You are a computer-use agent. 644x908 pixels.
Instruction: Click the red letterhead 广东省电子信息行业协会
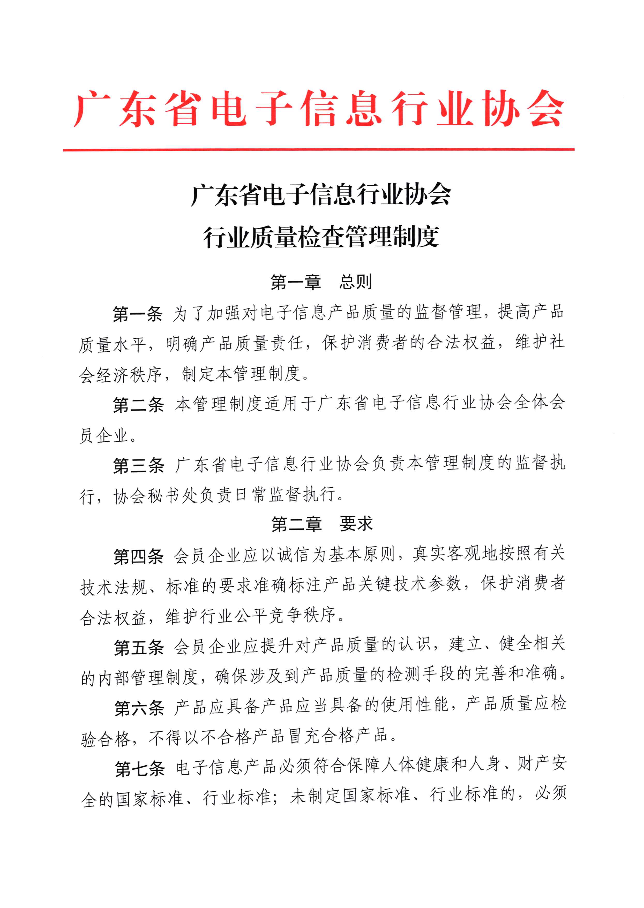pyautogui.click(x=319, y=108)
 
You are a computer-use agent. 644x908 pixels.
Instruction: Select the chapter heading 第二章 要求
pyautogui.click(x=321, y=524)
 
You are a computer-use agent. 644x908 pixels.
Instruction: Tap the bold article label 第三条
pyautogui.click(x=138, y=466)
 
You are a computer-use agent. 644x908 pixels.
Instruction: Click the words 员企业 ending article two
pyautogui.click(x=104, y=436)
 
